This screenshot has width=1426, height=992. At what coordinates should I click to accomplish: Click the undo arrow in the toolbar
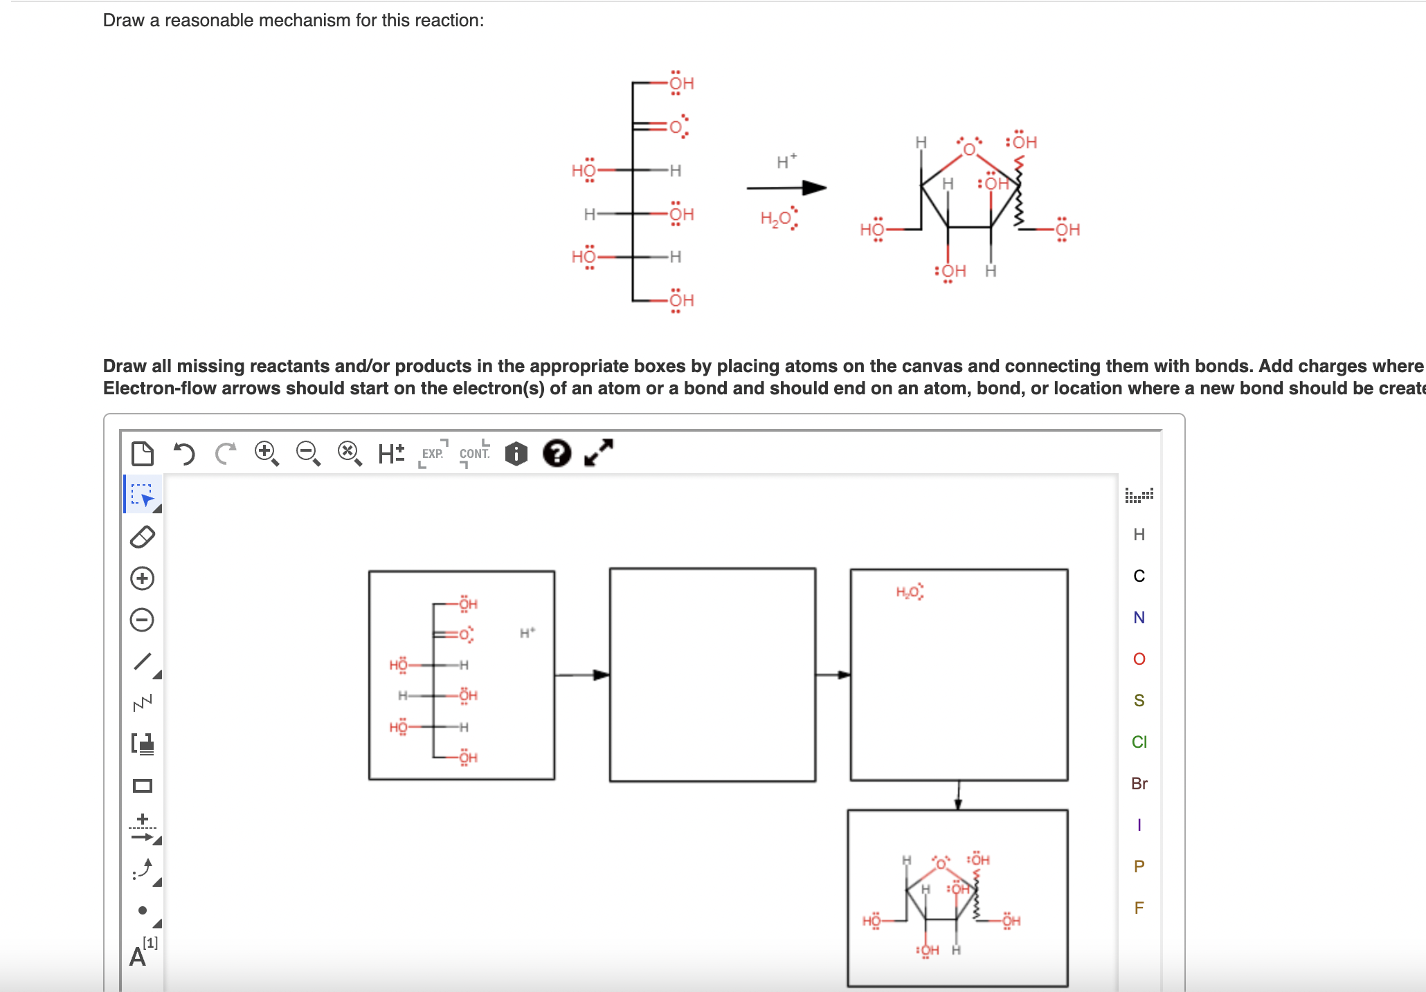point(184,454)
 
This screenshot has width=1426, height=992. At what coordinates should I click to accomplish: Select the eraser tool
point(143,537)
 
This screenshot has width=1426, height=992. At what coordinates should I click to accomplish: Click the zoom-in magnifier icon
point(267,454)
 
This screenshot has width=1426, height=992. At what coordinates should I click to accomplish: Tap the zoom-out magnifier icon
point(308,454)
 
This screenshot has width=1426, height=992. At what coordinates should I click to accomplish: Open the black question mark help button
point(557,454)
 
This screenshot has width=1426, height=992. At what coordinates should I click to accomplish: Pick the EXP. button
point(433,454)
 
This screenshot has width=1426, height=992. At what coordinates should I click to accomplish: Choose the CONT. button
point(475,454)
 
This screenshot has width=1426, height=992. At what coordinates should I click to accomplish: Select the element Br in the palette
point(1139,783)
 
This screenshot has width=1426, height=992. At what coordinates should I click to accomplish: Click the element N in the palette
point(1139,617)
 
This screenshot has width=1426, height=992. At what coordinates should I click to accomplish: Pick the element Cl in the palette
point(1139,742)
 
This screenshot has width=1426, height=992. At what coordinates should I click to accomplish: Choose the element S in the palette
point(1139,700)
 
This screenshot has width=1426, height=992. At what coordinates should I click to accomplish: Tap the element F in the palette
point(1139,908)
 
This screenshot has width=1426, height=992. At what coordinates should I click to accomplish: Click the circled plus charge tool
point(143,578)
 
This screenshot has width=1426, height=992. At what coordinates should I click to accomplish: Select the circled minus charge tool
point(143,620)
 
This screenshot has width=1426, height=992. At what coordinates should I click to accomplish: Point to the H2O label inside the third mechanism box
point(909,592)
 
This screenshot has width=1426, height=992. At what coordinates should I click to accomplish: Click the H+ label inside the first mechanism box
point(527,633)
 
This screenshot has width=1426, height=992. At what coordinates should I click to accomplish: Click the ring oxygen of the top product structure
point(969,149)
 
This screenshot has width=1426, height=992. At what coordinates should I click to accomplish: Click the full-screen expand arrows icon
point(599,453)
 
